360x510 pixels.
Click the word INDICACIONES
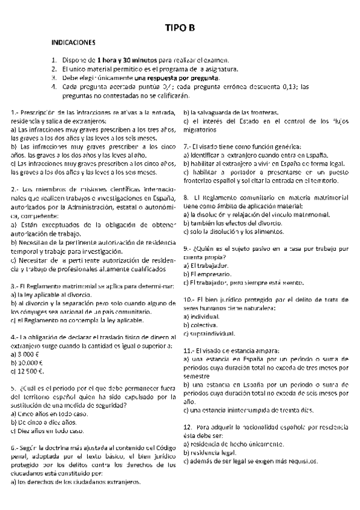tap(73, 44)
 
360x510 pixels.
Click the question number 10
tap(188, 299)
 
